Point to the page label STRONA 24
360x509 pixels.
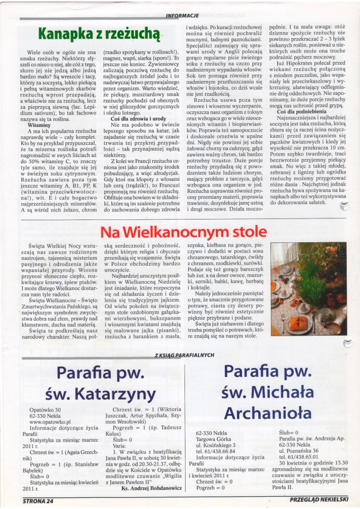(39, 500)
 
